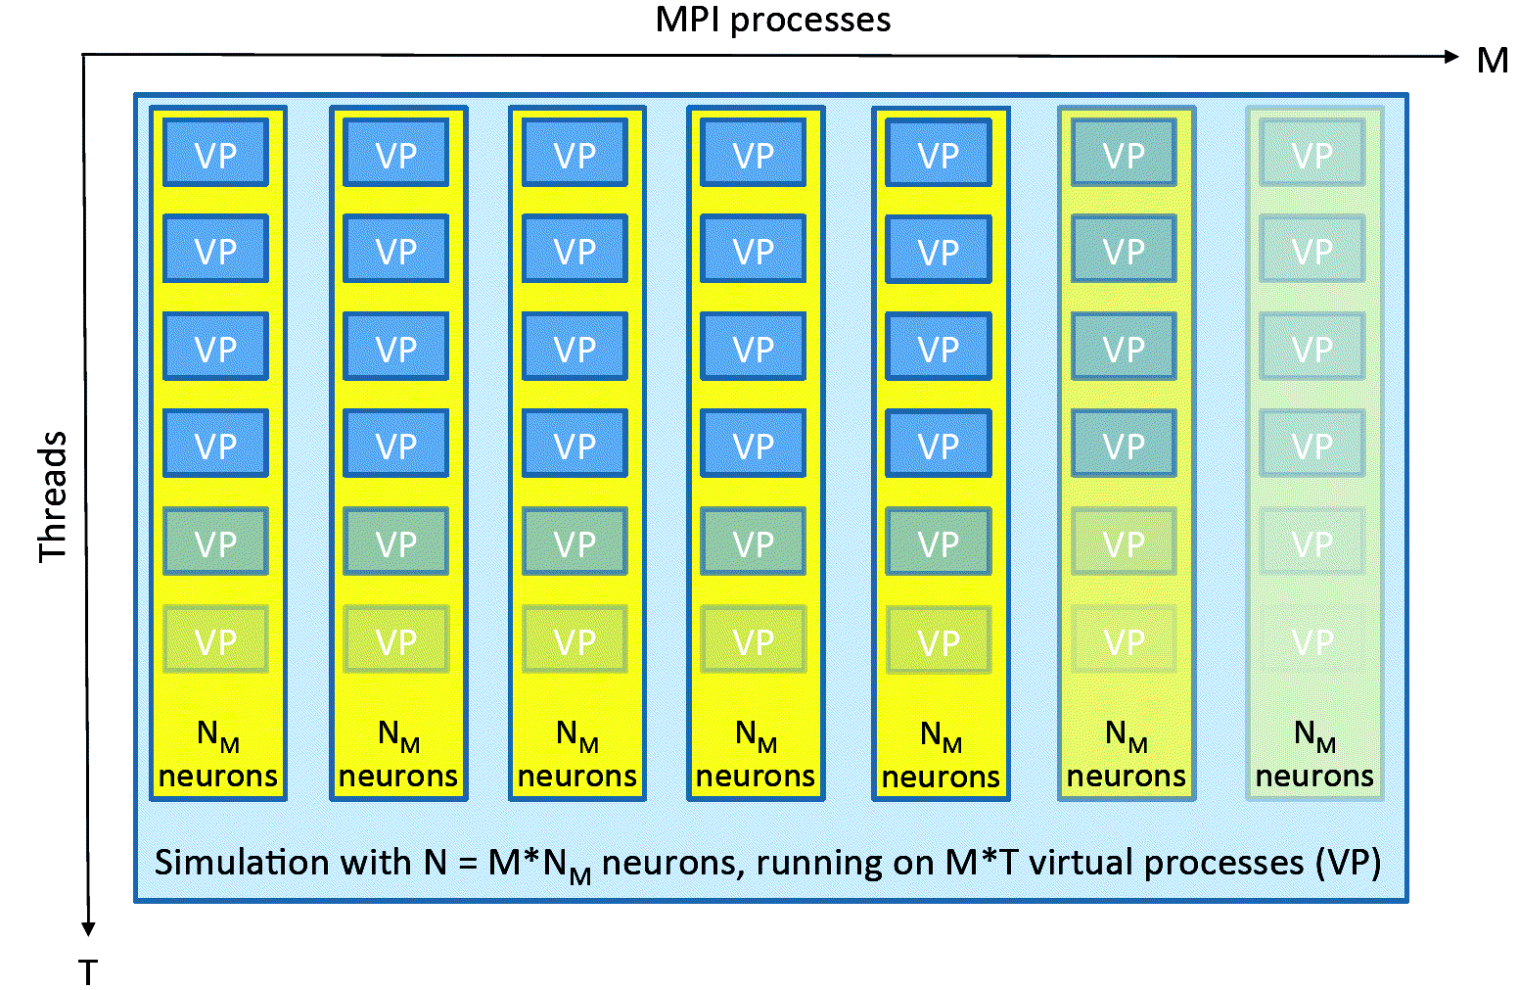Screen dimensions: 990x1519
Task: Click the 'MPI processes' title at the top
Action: pyautogui.click(x=772, y=20)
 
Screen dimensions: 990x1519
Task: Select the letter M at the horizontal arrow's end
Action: pyautogui.click(x=1492, y=61)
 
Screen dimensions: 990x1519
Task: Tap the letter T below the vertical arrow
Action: pyautogui.click(x=88, y=972)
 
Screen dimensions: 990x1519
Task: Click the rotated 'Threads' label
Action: pyautogui.click(x=53, y=496)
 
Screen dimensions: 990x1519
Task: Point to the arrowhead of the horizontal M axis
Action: pyautogui.click(x=1451, y=56)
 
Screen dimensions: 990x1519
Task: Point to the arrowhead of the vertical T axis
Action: pyautogui.click(x=88, y=927)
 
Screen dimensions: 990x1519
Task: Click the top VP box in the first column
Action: pyautogui.click(x=215, y=153)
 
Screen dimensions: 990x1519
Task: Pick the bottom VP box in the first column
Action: pyautogui.click(x=215, y=640)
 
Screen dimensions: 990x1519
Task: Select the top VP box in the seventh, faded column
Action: pyautogui.click(x=1312, y=153)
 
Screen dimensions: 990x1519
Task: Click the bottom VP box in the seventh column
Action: pyautogui.click(x=1312, y=640)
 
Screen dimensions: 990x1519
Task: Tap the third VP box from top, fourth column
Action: pyautogui.click(x=754, y=347)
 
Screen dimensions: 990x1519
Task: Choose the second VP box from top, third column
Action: pyautogui.click(x=575, y=250)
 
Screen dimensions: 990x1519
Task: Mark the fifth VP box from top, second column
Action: pyautogui.click(x=395, y=542)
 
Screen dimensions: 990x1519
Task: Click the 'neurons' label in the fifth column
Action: pyautogui.click(x=941, y=777)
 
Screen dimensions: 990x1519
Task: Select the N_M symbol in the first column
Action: pyautogui.click(x=217, y=735)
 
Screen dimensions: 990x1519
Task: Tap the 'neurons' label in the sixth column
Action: pyautogui.click(x=1126, y=777)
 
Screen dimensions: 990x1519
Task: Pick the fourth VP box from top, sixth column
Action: pyautogui.click(x=1124, y=444)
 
